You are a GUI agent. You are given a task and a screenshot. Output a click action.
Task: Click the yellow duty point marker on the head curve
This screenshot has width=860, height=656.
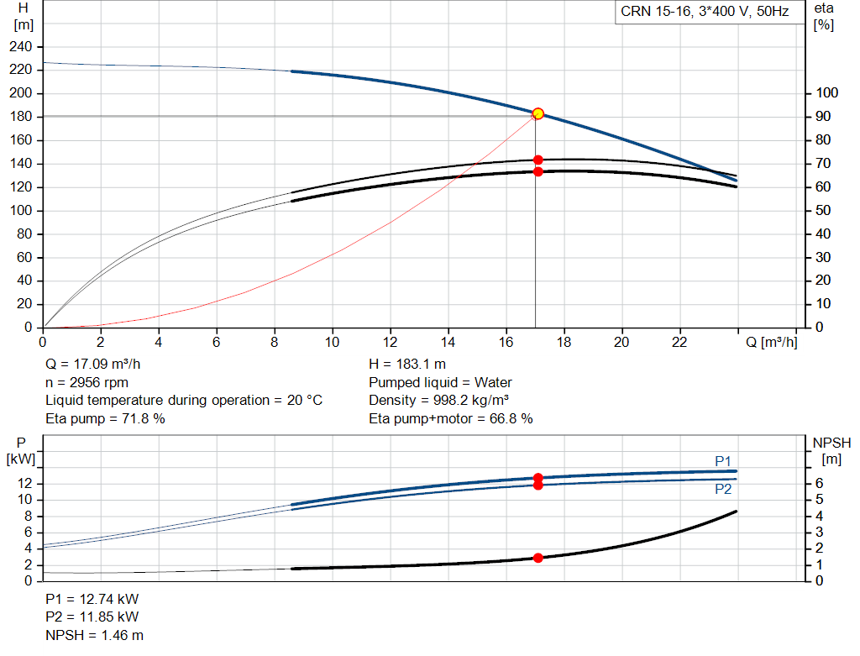pos(538,113)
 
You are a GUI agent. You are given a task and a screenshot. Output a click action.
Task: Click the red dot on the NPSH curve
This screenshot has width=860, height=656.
pos(538,558)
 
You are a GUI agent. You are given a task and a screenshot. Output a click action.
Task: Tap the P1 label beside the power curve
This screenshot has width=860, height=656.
pos(723,461)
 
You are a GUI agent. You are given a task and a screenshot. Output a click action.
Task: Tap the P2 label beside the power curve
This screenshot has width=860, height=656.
pos(723,489)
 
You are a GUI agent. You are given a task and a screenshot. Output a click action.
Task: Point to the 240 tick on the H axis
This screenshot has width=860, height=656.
pos(21,47)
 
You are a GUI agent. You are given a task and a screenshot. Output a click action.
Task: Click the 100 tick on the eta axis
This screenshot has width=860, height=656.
pos(826,92)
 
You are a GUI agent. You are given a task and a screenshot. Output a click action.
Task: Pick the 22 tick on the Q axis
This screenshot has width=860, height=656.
pos(679,342)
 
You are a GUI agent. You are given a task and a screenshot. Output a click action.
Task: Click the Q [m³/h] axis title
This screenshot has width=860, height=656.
pos(771,342)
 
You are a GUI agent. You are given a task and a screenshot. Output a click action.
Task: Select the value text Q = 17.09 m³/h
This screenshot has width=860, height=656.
pos(92,365)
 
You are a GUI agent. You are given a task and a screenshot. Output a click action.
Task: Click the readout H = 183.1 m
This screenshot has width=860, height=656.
pos(407,365)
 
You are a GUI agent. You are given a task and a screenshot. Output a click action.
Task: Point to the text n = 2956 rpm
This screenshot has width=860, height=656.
pos(87,382)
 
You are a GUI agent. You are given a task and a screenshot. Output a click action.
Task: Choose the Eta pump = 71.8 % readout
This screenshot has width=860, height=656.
pos(105,418)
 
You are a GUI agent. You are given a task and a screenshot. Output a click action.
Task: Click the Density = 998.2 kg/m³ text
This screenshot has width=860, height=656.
pos(438,401)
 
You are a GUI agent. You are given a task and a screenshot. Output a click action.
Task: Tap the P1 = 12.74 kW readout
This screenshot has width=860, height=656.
pos(92,599)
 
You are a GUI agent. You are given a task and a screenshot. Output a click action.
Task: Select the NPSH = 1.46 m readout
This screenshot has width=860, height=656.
pos(94,635)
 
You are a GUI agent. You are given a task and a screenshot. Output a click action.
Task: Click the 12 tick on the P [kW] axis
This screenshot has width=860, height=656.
pos(24,483)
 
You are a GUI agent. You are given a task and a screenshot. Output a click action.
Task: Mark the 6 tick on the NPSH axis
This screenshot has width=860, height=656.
pos(820,483)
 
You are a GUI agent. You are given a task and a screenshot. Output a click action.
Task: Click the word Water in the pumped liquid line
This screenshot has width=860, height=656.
pos(493,382)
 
